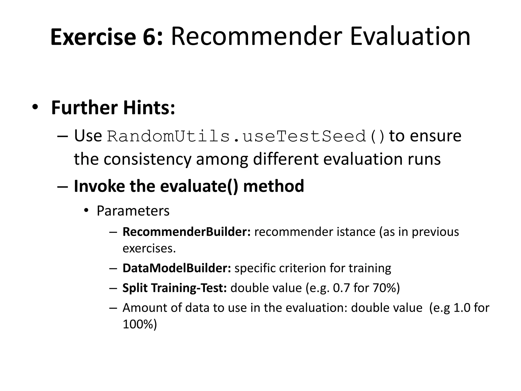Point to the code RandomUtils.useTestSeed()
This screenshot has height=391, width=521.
tap(246, 136)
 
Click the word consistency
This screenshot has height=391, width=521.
tap(147, 159)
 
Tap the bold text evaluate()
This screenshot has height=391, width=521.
tap(199, 186)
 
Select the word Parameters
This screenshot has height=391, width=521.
tap(133, 211)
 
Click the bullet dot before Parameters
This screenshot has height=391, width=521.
tap(86, 211)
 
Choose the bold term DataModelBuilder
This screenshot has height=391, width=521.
tap(177, 268)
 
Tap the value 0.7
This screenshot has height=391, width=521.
tap(341, 288)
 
